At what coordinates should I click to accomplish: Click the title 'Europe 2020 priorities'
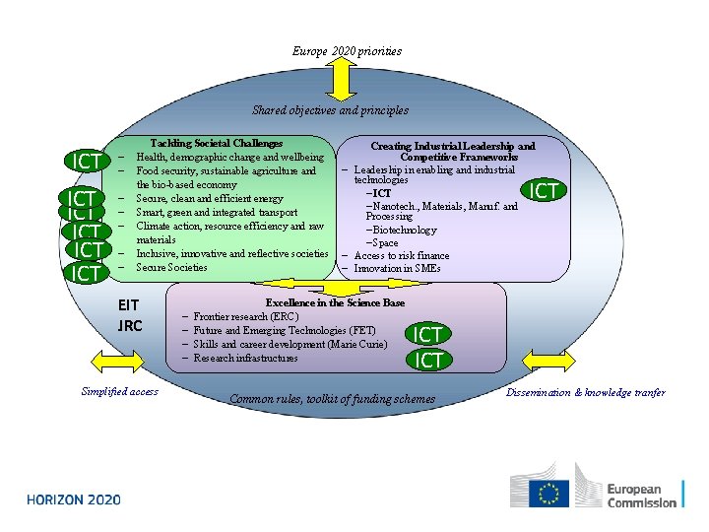[347, 50]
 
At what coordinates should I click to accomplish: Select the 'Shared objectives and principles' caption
[330, 110]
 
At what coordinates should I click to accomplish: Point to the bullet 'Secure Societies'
[171, 267]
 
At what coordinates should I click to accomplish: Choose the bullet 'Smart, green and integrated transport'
[205, 212]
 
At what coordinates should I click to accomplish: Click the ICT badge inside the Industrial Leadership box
[545, 190]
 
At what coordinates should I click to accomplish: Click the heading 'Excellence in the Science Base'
[335, 302]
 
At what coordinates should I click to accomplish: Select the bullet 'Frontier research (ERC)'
[245, 316]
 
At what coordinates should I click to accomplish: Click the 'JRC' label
[130, 325]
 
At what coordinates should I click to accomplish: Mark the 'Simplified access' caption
[119, 392]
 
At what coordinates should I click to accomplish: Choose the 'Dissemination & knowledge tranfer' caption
[586, 392]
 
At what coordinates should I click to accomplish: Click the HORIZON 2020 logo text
[74, 499]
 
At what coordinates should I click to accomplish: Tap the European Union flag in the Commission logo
[548, 492]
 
